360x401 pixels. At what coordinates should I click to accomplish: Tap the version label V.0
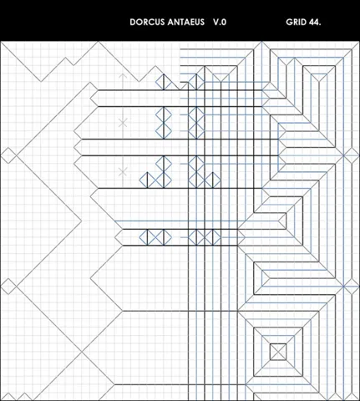pyautogui.click(x=220, y=22)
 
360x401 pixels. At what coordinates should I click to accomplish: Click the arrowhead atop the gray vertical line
pyautogui.click(x=123, y=76)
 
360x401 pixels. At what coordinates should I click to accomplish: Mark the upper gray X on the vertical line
pyautogui.click(x=123, y=123)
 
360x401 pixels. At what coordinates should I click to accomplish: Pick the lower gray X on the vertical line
pyautogui.click(x=123, y=171)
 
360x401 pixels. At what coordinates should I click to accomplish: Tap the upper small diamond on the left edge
pyautogui.click(x=8, y=155)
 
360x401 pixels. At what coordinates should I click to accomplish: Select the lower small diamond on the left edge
pyautogui.click(x=8, y=286)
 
